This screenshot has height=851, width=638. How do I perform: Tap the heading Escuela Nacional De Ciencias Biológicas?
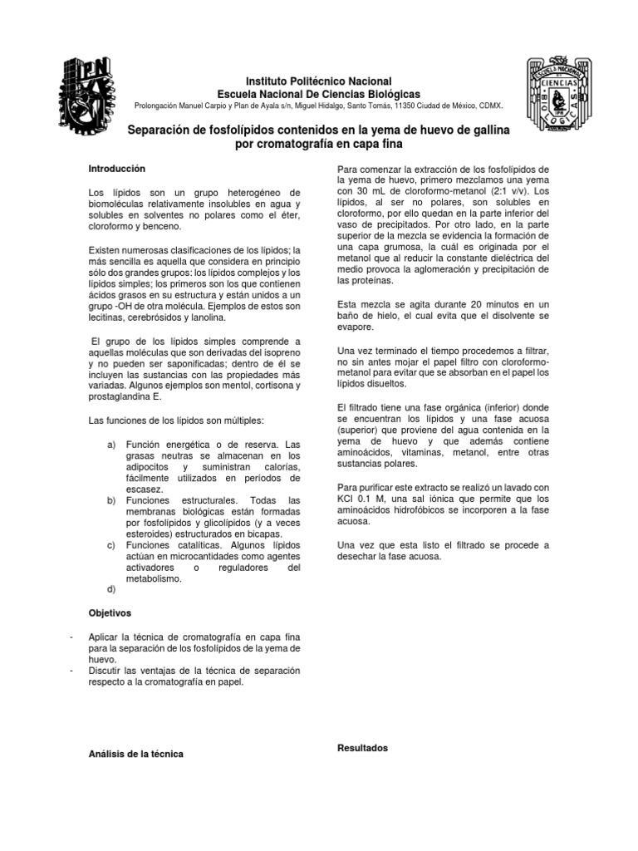[x=318, y=95]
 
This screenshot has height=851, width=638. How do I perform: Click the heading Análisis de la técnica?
[x=136, y=754]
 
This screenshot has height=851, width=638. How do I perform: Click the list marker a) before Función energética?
[x=111, y=446]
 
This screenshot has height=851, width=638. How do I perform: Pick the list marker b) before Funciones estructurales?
[x=111, y=500]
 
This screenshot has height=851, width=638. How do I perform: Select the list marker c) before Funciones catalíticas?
[x=111, y=544]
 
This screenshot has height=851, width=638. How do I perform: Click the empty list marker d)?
[x=111, y=588]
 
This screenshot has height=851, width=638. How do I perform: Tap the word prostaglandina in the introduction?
[x=118, y=397]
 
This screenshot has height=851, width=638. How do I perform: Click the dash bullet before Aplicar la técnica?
[x=76, y=636]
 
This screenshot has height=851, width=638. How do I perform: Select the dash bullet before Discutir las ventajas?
[x=76, y=670]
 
